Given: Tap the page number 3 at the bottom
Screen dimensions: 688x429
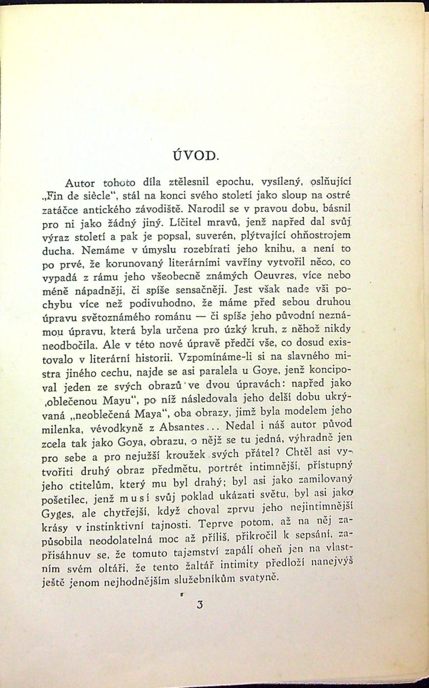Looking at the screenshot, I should point(199,605).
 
